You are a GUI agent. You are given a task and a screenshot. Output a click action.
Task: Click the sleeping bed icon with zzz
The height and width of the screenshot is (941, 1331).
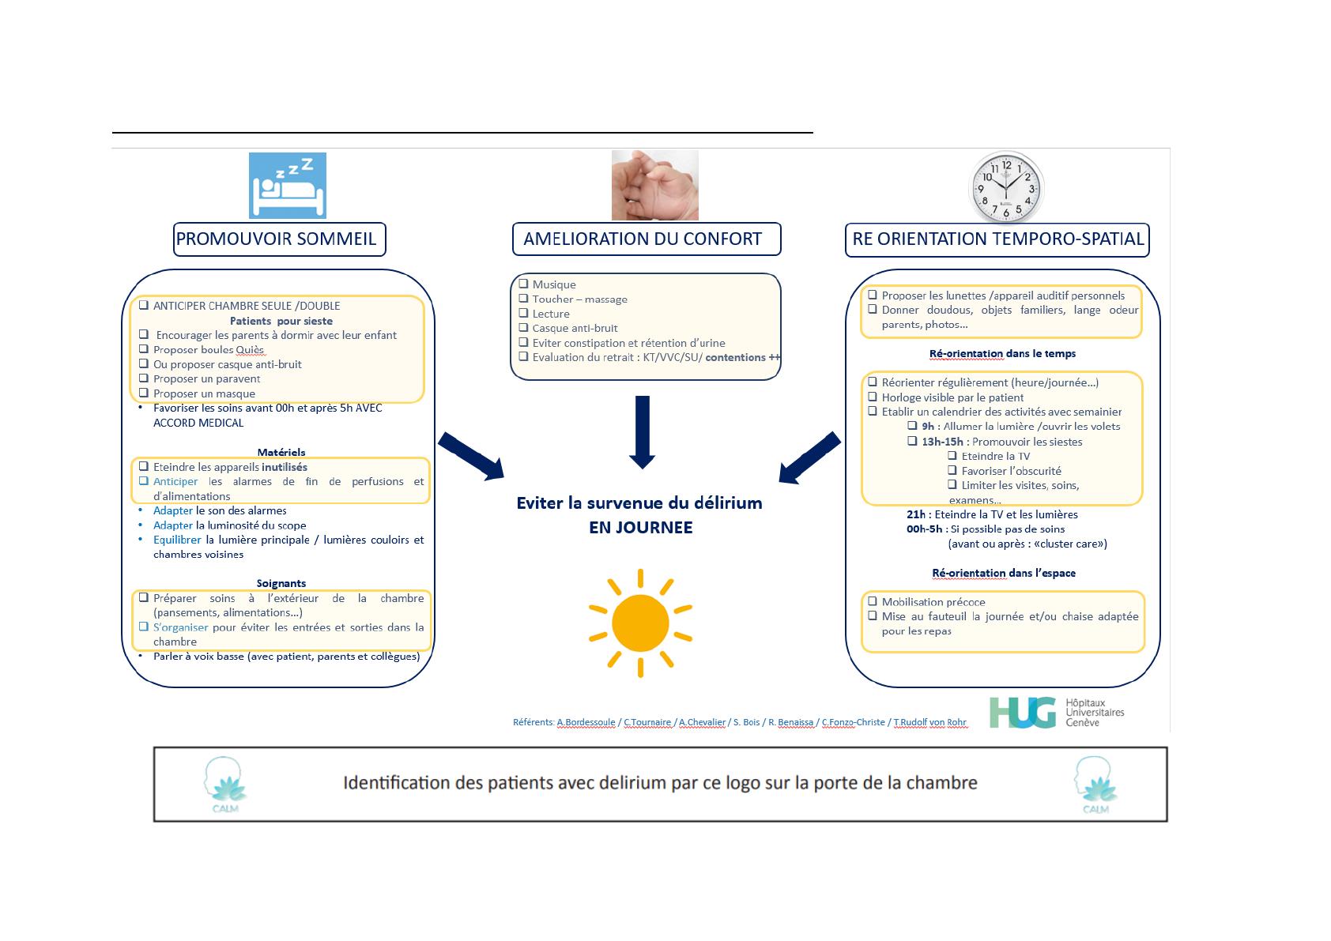click(287, 186)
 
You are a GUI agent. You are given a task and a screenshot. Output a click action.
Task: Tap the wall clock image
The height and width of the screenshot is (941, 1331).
click(1006, 188)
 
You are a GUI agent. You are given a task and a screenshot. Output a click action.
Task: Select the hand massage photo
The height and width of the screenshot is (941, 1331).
click(654, 186)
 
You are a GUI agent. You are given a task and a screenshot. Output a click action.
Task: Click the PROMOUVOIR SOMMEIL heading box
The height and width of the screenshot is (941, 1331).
click(279, 239)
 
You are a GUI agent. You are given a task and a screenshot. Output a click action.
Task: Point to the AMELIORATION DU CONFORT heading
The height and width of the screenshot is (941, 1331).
click(646, 239)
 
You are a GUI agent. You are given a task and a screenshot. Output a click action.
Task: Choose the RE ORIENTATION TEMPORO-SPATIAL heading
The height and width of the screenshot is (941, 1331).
click(997, 239)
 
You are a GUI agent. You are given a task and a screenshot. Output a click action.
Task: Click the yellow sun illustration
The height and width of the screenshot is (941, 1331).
click(640, 623)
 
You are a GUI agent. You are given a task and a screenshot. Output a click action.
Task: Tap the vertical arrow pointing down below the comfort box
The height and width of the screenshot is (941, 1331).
click(642, 431)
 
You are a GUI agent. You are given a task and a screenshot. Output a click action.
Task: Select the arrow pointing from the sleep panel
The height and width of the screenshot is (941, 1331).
click(471, 456)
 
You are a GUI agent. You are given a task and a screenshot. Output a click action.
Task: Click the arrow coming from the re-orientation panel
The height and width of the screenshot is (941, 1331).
click(809, 457)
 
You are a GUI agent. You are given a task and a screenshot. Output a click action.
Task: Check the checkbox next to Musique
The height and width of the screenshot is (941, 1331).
click(523, 284)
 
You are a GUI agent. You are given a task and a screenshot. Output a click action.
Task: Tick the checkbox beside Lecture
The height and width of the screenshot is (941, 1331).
click(523, 314)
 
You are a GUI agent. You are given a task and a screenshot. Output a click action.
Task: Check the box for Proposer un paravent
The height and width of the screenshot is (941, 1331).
click(144, 378)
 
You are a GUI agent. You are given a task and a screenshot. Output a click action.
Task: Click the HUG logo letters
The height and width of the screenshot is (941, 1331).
click(1021, 712)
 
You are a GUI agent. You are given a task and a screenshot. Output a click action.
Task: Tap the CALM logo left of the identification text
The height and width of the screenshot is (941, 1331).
click(225, 785)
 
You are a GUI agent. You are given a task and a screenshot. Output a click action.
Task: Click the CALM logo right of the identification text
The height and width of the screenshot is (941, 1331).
click(1095, 785)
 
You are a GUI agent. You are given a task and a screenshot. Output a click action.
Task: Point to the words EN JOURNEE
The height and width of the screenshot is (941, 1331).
click(640, 528)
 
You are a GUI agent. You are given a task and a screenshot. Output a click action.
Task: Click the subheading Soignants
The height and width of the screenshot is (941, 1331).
click(281, 583)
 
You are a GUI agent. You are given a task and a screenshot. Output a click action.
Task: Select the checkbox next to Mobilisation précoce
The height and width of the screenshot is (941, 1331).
click(873, 601)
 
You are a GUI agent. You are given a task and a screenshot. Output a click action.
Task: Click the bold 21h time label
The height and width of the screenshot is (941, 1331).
click(917, 514)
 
